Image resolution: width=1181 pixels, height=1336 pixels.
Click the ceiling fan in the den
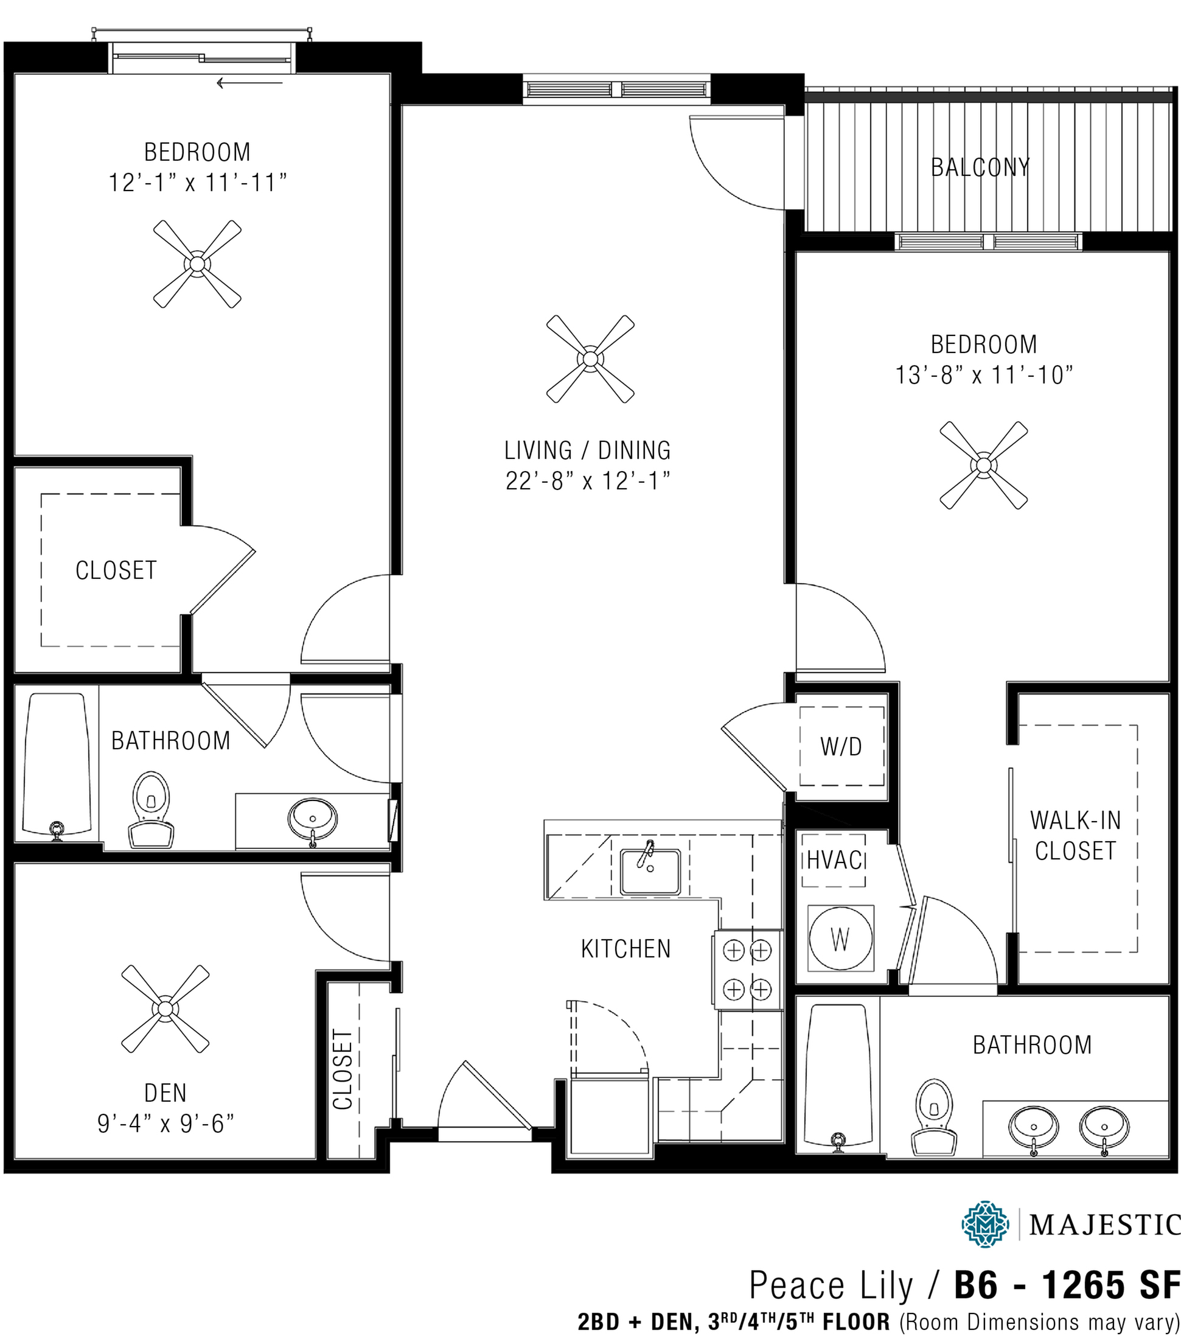[x=165, y=1009]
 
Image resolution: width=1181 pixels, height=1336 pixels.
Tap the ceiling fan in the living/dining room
[x=590, y=359]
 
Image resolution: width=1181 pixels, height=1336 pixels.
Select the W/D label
[x=840, y=746]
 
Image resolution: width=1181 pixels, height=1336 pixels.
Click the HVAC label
[x=834, y=860]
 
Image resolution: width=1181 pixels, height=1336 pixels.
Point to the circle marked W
[x=840, y=939]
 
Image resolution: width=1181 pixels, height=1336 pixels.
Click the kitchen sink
[x=650, y=871]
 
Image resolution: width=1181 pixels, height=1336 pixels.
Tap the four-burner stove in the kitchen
[x=747, y=970]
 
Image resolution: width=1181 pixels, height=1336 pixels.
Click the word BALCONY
[x=980, y=168]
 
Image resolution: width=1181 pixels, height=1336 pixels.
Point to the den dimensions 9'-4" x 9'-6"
[x=165, y=1124]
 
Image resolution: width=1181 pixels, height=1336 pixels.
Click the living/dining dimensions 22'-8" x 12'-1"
[x=588, y=481]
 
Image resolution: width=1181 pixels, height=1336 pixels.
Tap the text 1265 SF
[x=1110, y=1285]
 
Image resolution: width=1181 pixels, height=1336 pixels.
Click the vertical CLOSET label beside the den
[x=343, y=1069]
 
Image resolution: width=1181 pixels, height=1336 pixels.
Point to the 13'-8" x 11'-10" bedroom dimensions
[x=984, y=375]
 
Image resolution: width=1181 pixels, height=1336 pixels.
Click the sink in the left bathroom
[x=312, y=817]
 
